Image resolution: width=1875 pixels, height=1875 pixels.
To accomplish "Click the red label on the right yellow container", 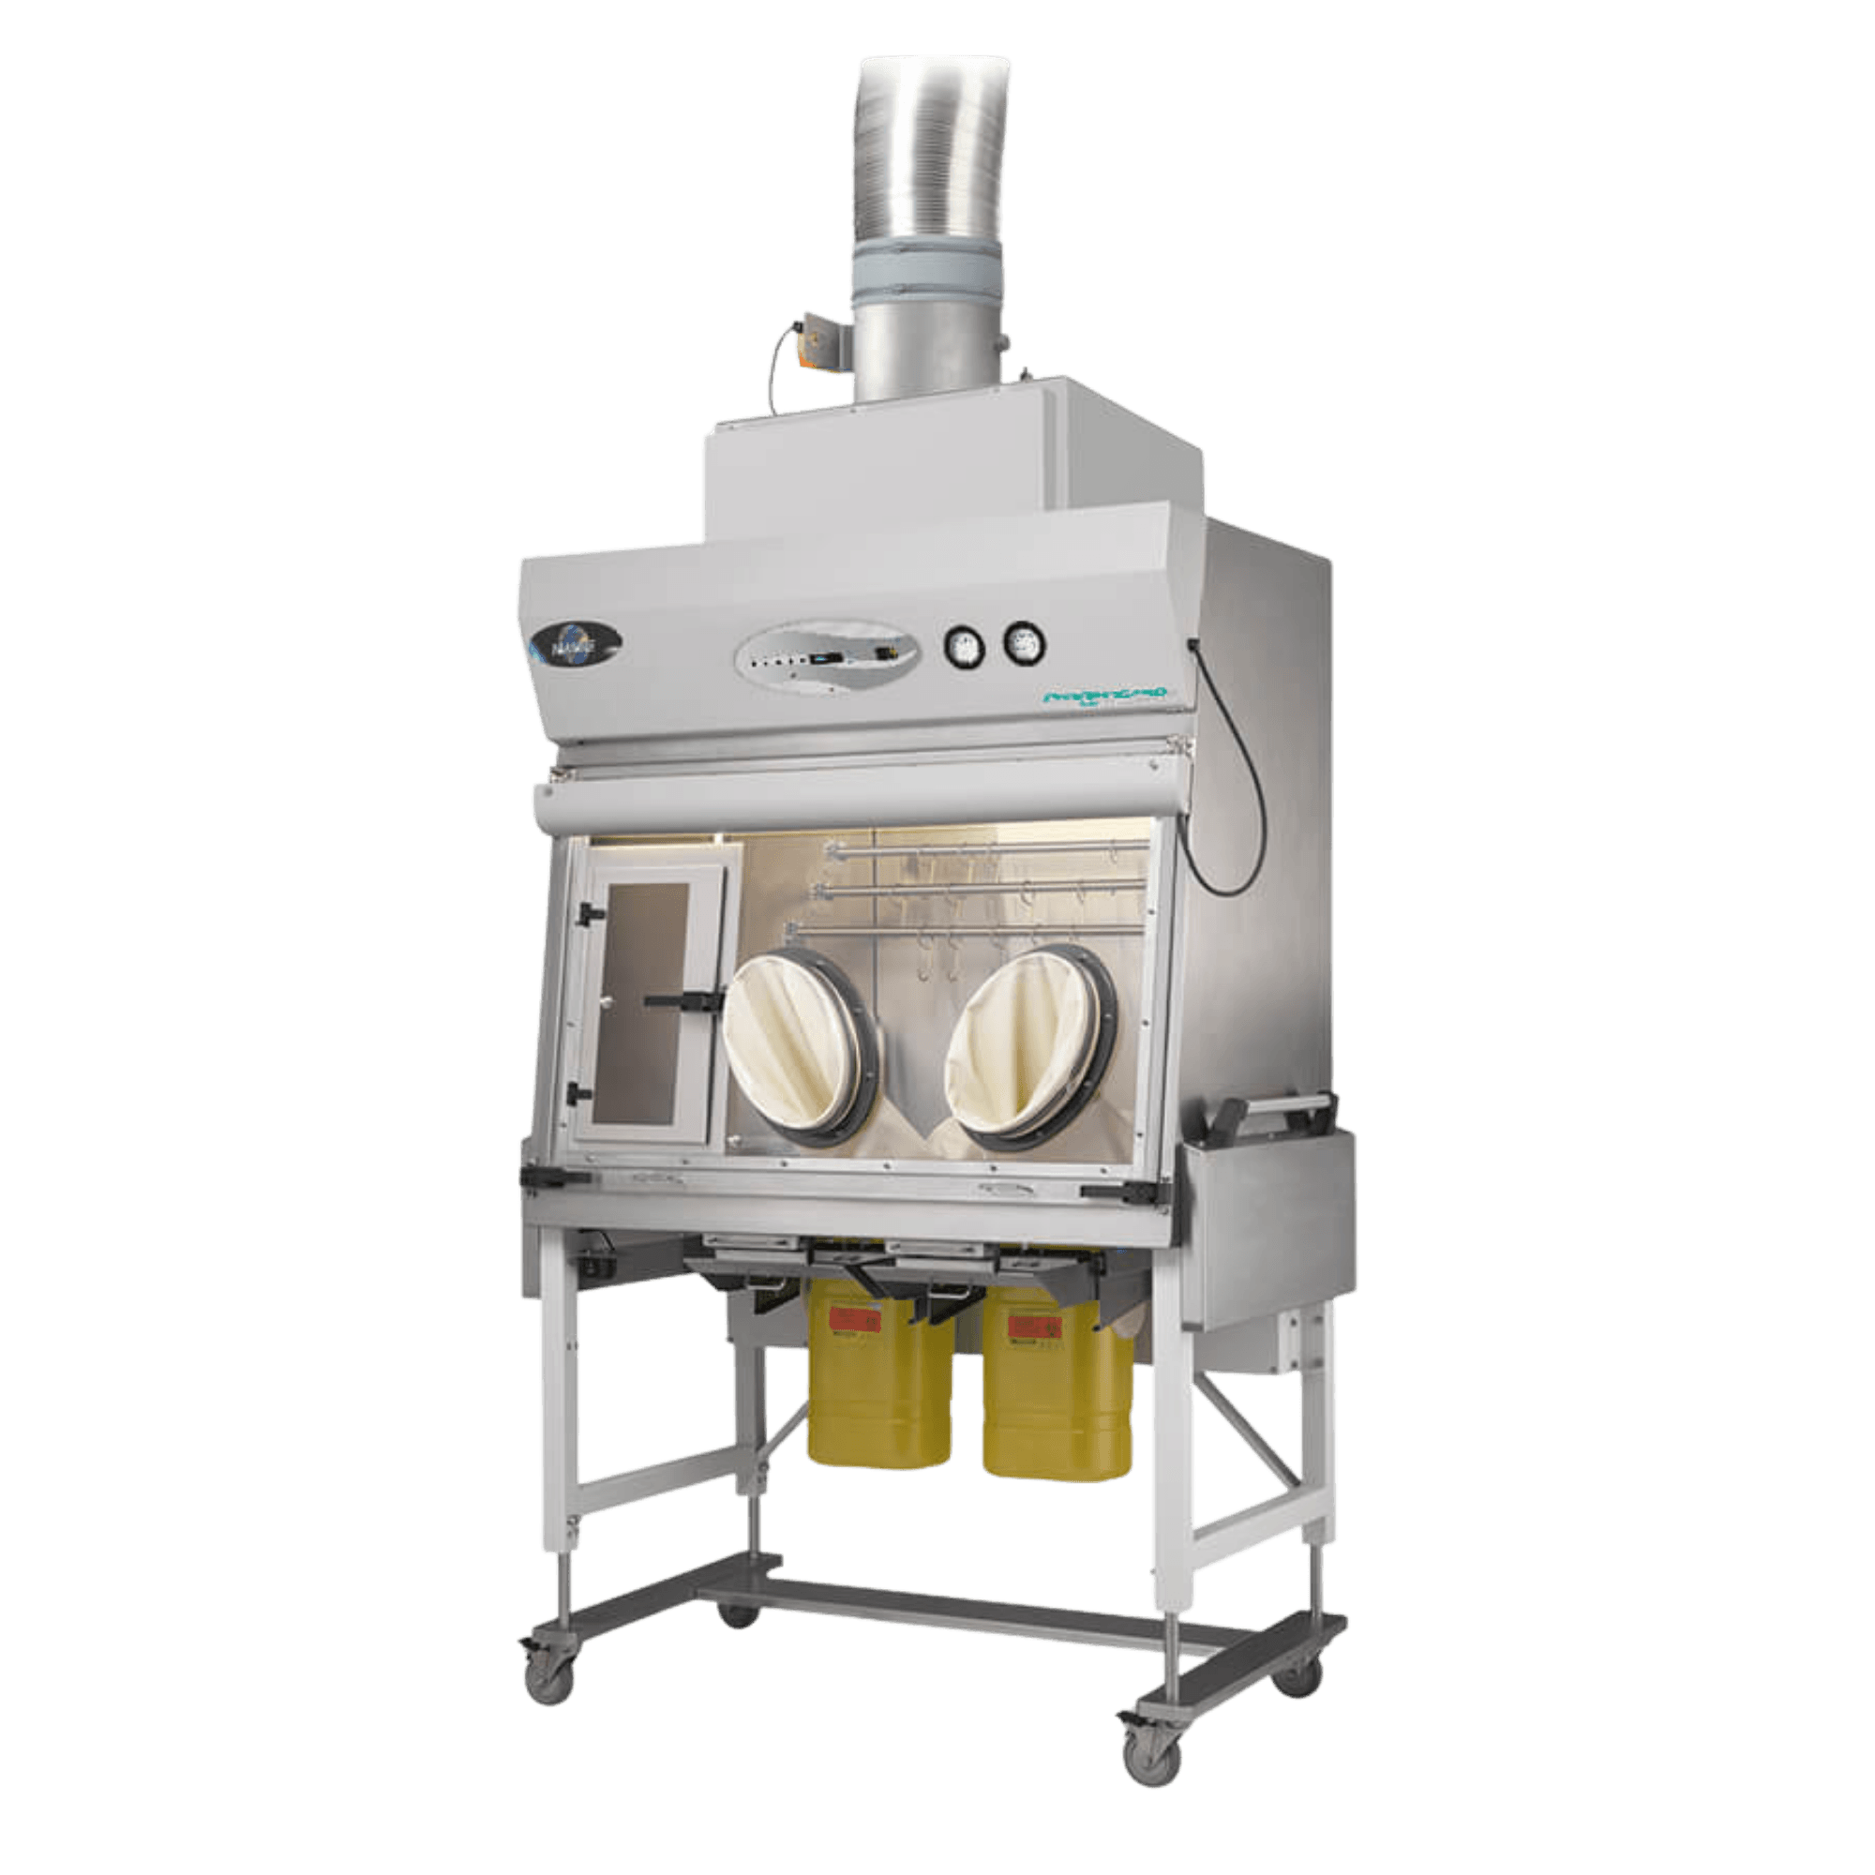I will click(x=1037, y=1324).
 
